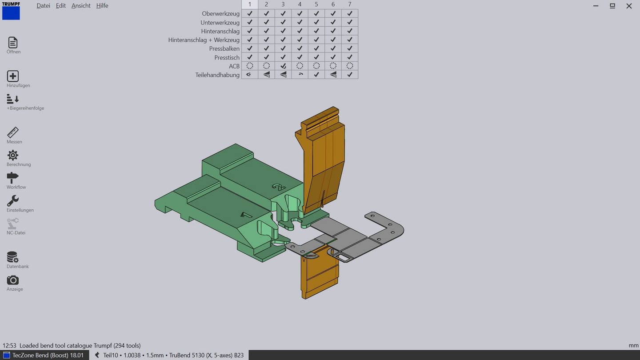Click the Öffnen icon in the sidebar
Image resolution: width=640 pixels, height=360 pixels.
click(13, 43)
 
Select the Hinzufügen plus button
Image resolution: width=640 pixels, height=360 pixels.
click(13, 76)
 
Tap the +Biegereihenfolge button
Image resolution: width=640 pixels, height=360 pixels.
click(13, 99)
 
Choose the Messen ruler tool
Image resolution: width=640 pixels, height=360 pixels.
click(13, 132)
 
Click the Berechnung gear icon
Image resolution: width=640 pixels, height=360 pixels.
click(13, 155)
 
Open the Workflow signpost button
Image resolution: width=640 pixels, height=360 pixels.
click(13, 178)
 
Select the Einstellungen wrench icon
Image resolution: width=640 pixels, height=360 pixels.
click(13, 201)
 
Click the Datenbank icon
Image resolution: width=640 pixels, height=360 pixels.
click(13, 257)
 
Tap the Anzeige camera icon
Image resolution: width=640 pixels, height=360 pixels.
click(13, 280)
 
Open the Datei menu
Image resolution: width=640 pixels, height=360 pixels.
click(43, 6)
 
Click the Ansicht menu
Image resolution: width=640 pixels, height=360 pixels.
click(81, 6)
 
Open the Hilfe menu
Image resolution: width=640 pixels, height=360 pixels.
click(102, 6)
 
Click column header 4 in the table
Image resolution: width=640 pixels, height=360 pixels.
click(300, 4)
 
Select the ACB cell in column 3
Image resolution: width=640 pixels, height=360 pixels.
click(283, 66)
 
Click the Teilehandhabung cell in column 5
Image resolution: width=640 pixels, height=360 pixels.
click(316, 75)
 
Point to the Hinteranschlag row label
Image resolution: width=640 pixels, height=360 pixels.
click(220, 31)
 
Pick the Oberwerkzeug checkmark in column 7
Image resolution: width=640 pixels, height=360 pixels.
click(350, 14)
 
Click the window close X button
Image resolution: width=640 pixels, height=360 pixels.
click(629, 6)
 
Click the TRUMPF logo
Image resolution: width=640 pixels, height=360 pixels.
click(11, 10)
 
